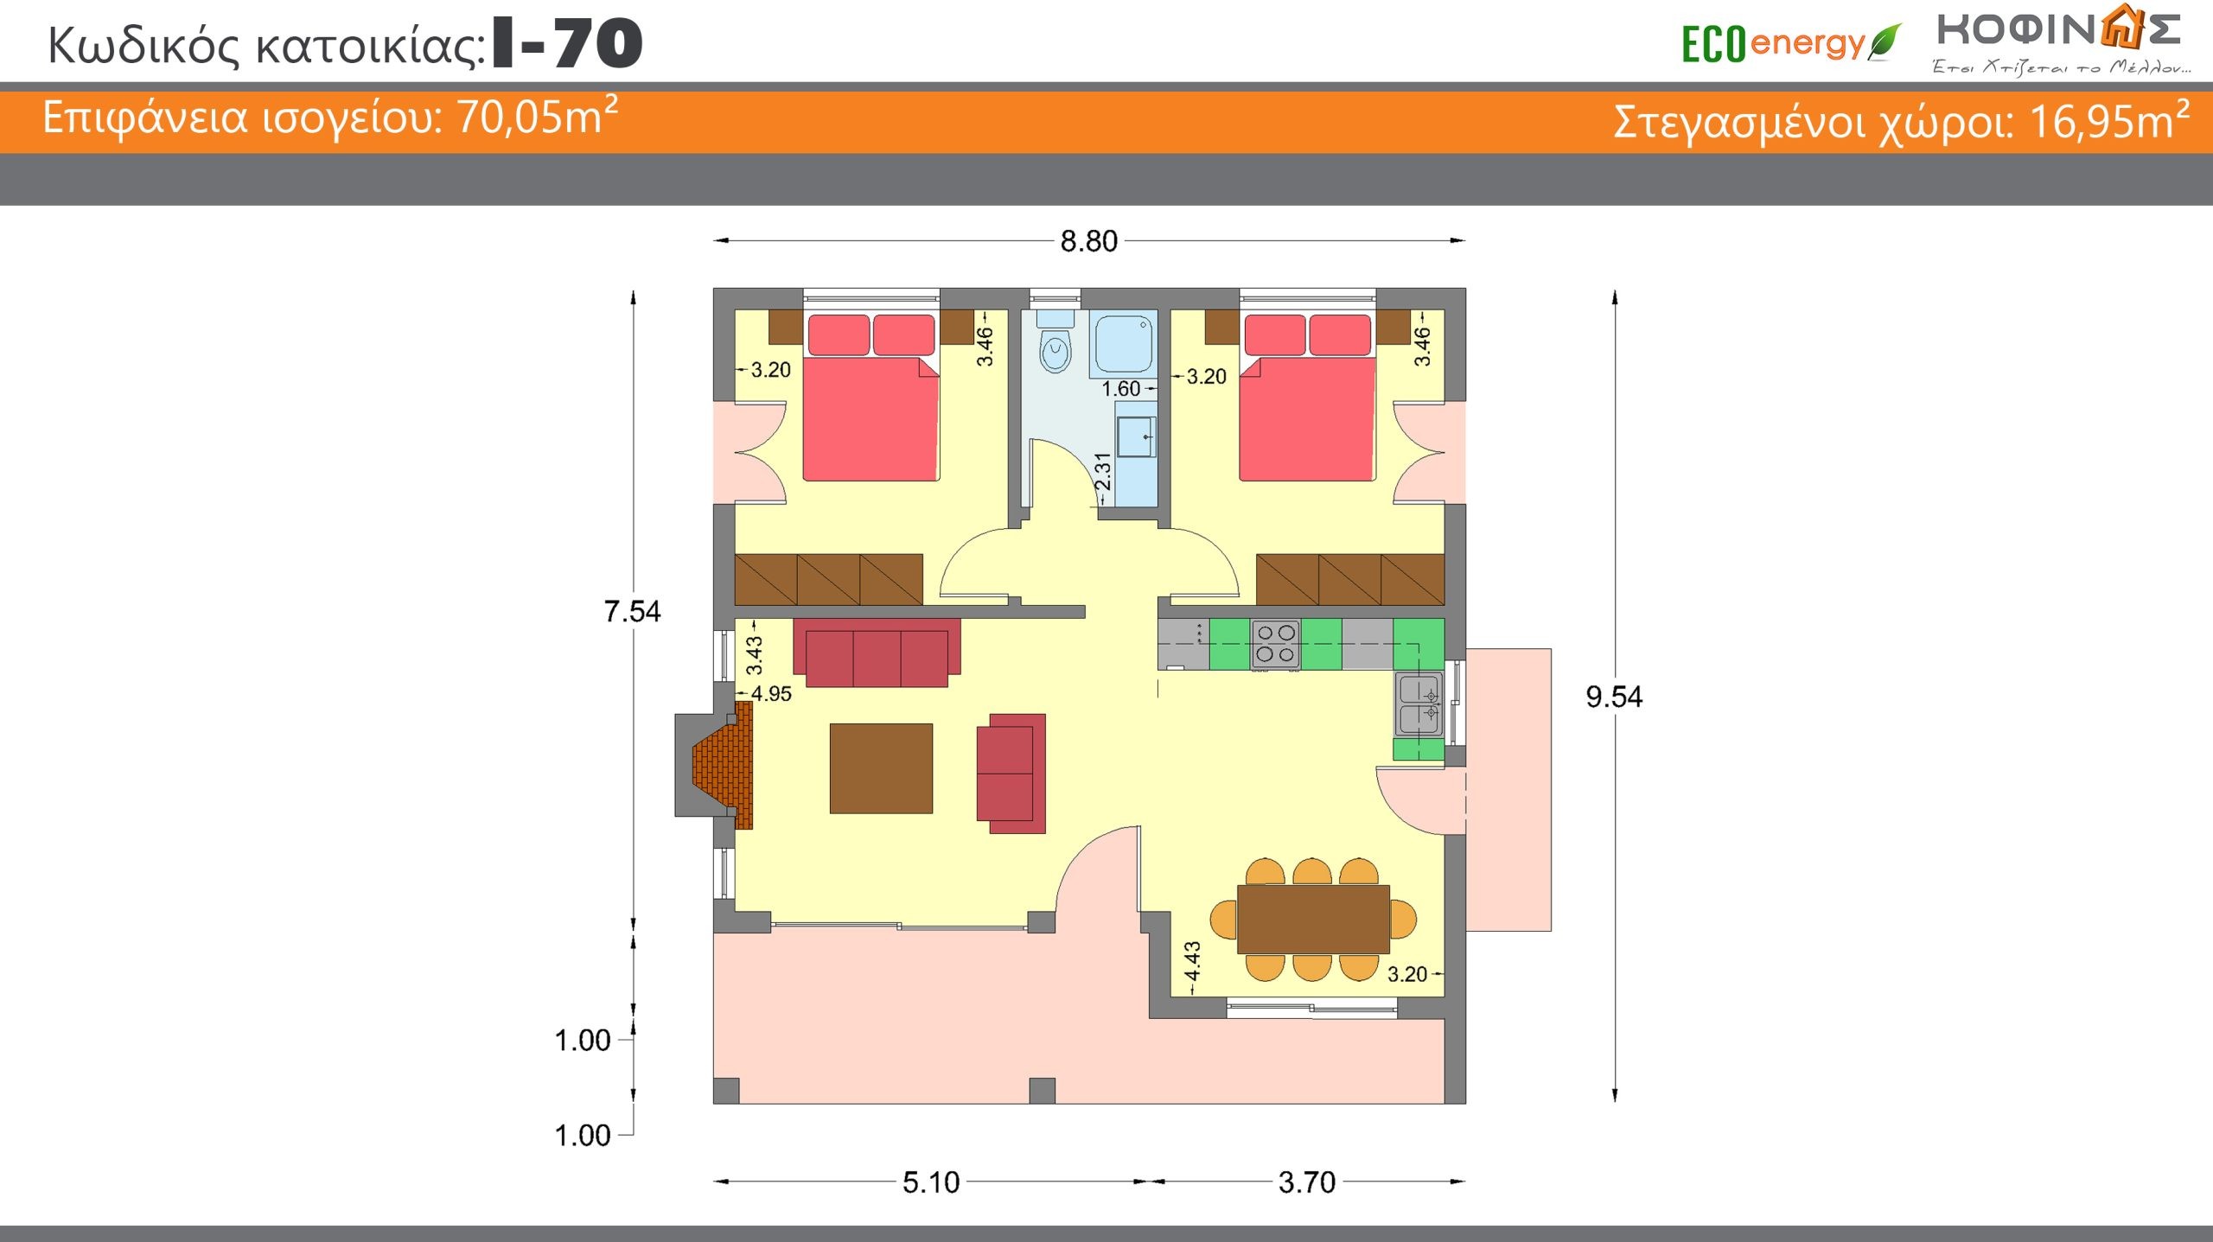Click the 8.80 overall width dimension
(1088, 241)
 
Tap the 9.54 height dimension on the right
(1613, 697)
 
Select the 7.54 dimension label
(632, 612)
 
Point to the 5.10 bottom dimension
(931, 1182)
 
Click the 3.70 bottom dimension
(1307, 1182)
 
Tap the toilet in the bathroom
(1055, 342)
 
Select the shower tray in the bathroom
(1123, 344)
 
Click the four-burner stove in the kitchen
(1275, 645)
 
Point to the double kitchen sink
(1419, 704)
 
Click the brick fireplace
(724, 765)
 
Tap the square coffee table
(881, 768)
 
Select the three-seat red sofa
(877, 653)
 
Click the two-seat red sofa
(1011, 774)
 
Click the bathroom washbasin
(1136, 436)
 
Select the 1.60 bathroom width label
(1121, 389)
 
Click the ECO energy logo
(1791, 43)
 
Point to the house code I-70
(567, 43)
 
